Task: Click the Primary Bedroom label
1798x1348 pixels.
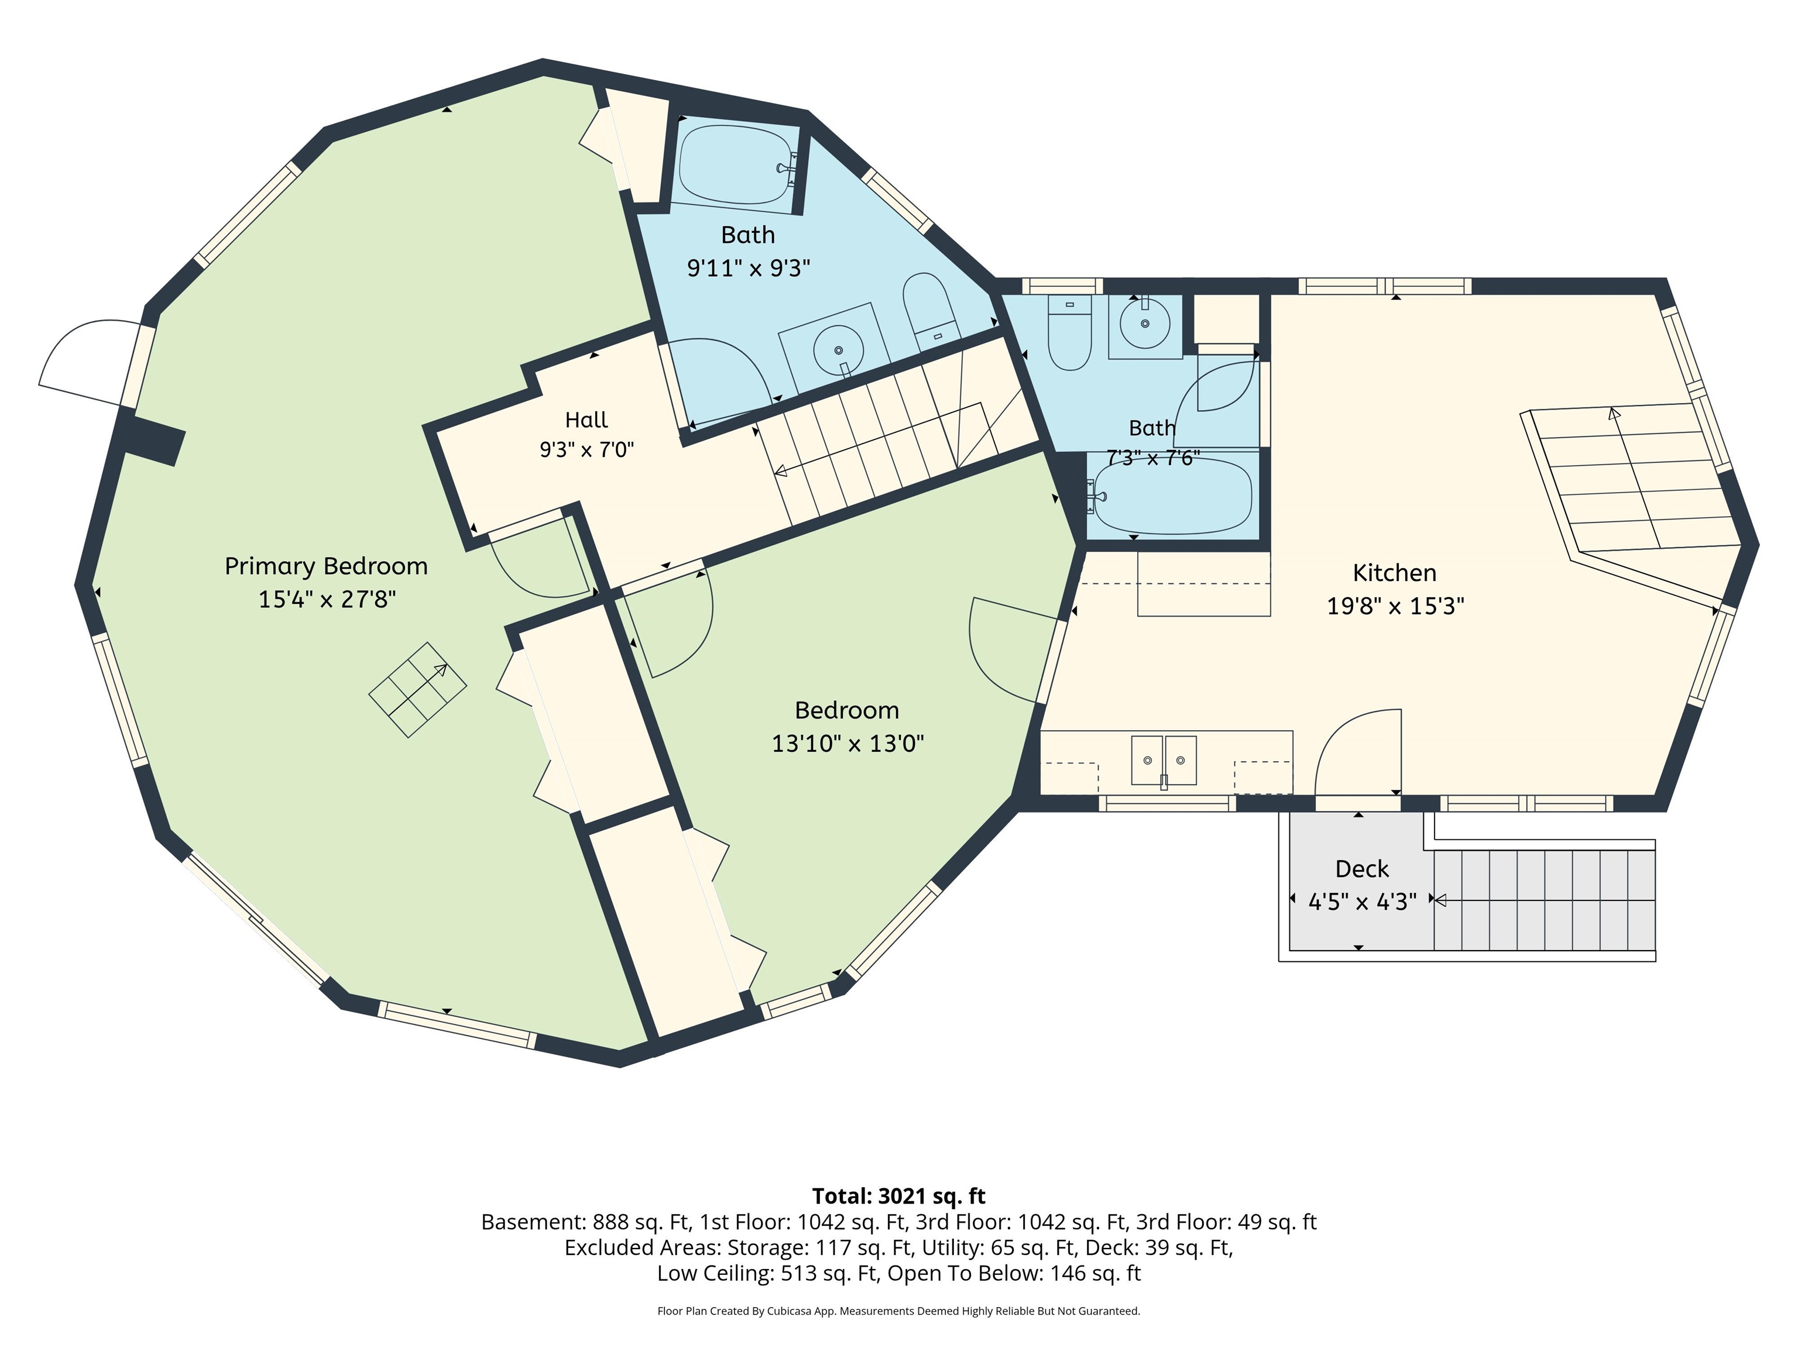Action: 326,567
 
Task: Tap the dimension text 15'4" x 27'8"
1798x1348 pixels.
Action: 327,600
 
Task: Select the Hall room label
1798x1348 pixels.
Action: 586,420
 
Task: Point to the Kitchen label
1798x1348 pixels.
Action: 1394,573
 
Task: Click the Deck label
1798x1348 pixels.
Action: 1361,869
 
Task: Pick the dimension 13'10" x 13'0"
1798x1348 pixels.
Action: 847,744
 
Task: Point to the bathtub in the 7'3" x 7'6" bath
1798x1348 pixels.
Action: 1172,497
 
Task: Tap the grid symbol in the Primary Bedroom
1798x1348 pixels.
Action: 418,690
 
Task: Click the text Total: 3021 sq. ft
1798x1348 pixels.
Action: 898,1196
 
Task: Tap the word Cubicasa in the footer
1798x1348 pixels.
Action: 788,1311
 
